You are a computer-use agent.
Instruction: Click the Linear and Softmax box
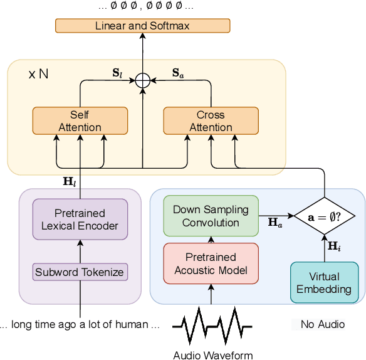[142, 26]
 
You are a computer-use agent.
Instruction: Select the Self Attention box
[80, 120]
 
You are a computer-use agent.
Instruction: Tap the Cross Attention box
[211, 120]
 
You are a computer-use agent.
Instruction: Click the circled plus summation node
[143, 80]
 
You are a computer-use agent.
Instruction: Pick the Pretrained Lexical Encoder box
[80, 219]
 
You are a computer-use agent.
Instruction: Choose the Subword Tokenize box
[80, 272]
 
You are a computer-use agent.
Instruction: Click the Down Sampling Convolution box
[211, 216]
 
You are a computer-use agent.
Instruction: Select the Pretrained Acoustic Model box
[211, 263]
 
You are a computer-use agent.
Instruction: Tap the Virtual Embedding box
[325, 283]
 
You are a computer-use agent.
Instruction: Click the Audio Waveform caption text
[212, 355]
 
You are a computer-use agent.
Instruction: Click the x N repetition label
[38, 73]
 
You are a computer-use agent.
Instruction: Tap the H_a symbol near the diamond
[274, 223]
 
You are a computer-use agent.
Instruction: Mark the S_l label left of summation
[117, 72]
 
